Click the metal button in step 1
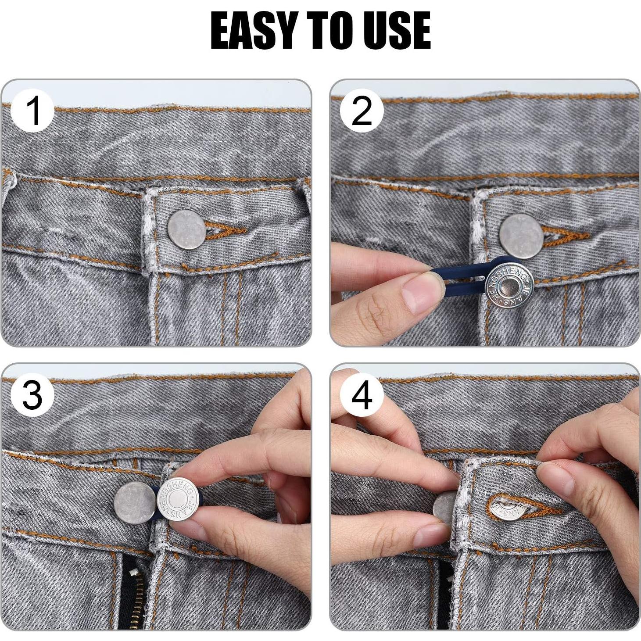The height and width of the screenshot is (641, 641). pos(186,229)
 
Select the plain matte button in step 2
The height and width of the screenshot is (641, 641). pos(521,233)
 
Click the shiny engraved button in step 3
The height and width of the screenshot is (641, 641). pos(176,498)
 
